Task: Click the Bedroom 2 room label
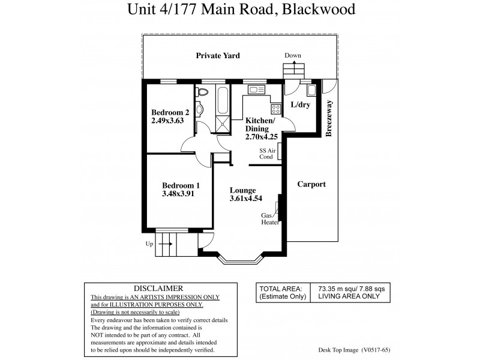170,112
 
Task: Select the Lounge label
242,190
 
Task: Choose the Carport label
311,184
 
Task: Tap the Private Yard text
218,55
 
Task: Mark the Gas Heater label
267,218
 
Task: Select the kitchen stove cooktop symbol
276,109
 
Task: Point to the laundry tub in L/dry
312,91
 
